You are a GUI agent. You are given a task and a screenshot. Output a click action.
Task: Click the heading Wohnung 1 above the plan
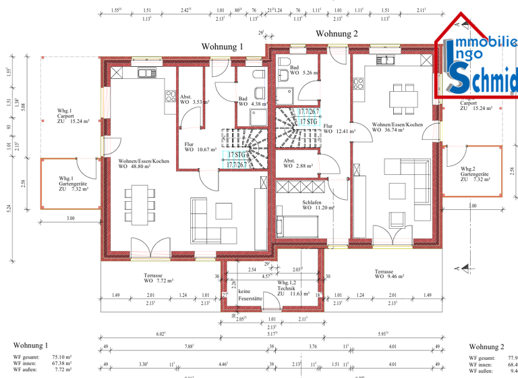(x=222, y=46)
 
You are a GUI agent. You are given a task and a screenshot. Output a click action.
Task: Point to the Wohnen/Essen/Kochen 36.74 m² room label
(x=397, y=128)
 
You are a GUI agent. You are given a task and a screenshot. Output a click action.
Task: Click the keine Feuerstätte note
(x=248, y=294)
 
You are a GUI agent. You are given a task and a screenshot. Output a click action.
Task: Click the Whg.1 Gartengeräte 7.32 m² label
(x=72, y=184)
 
